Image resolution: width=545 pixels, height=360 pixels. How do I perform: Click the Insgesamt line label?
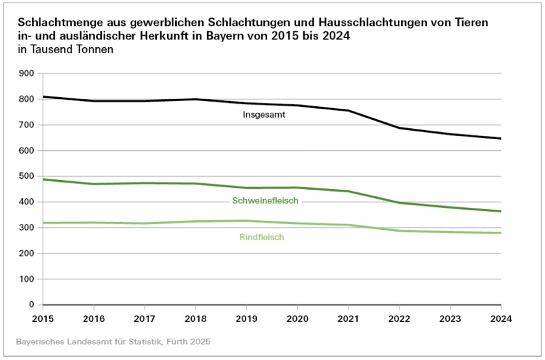pyautogui.click(x=264, y=115)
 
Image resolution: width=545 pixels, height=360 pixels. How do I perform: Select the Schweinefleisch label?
pyautogui.click(x=265, y=201)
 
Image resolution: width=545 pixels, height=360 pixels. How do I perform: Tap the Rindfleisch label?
pyautogui.click(x=262, y=238)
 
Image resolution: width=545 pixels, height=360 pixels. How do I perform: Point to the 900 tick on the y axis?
pyautogui.click(x=26, y=73)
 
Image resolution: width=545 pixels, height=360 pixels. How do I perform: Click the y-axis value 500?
pyautogui.click(x=26, y=176)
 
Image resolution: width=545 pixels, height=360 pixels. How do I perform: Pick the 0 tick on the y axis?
pyautogui.click(x=30, y=304)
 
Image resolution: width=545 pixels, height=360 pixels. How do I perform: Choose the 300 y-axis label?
pyautogui.click(x=26, y=227)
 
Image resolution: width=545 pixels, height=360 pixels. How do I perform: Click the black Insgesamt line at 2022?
pyautogui.click(x=399, y=128)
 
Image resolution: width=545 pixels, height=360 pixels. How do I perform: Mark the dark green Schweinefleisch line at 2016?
pyautogui.click(x=94, y=184)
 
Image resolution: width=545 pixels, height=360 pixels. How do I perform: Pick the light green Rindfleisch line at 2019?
pyautogui.click(x=246, y=221)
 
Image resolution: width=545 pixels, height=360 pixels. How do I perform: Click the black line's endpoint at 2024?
pyautogui.click(x=500, y=139)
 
